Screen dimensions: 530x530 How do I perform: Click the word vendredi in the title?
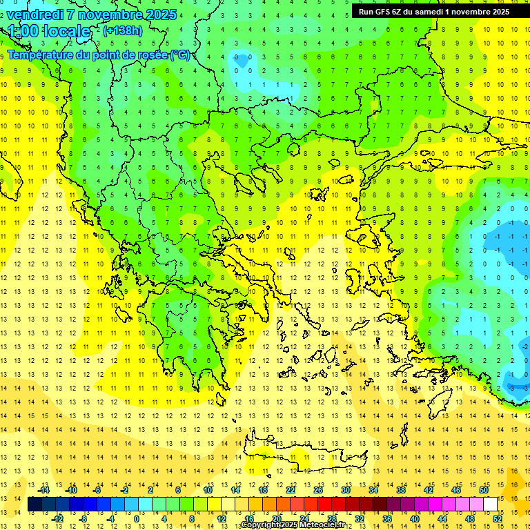(x=36, y=14)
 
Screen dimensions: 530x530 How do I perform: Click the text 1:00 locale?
(x=49, y=31)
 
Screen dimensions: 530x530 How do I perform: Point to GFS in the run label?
(x=384, y=11)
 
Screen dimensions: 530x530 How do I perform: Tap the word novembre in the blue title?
(x=115, y=14)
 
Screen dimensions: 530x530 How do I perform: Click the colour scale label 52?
(x=498, y=519)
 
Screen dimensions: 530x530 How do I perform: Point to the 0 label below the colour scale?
(x=137, y=519)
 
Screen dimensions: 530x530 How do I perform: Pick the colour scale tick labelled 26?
(x=318, y=490)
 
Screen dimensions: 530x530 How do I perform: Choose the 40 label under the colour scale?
(x=414, y=519)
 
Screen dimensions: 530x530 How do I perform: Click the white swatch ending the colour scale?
(x=491, y=504)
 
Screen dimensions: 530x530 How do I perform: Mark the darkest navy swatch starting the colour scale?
(x=35, y=504)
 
